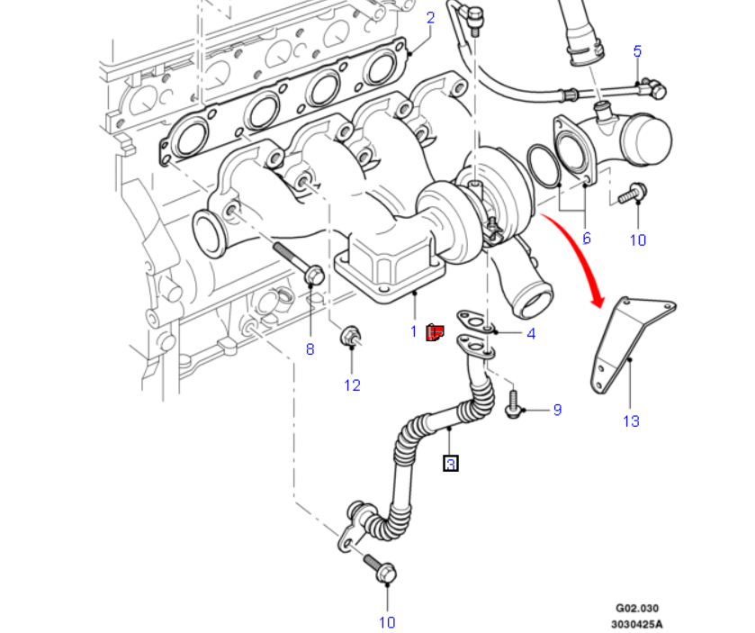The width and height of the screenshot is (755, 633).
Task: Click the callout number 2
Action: [x=430, y=17]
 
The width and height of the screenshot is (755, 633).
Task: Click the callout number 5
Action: [x=637, y=50]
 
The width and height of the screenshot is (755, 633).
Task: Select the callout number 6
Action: [x=586, y=238]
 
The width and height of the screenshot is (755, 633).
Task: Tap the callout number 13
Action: [x=630, y=420]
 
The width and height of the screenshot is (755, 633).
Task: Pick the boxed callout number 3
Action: [x=451, y=464]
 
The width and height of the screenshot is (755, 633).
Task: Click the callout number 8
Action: [x=310, y=349]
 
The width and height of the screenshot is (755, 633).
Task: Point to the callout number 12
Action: [x=352, y=385]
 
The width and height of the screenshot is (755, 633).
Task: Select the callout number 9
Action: [x=557, y=410]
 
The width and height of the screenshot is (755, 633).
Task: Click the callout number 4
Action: [x=531, y=334]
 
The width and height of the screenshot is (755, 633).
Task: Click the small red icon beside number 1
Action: [x=434, y=333]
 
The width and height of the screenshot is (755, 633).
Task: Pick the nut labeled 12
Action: [x=351, y=339]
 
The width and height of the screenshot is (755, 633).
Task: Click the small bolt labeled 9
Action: [x=513, y=402]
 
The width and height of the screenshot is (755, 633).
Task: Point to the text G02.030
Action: [x=637, y=609]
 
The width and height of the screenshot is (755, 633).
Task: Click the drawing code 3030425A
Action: [x=637, y=623]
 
